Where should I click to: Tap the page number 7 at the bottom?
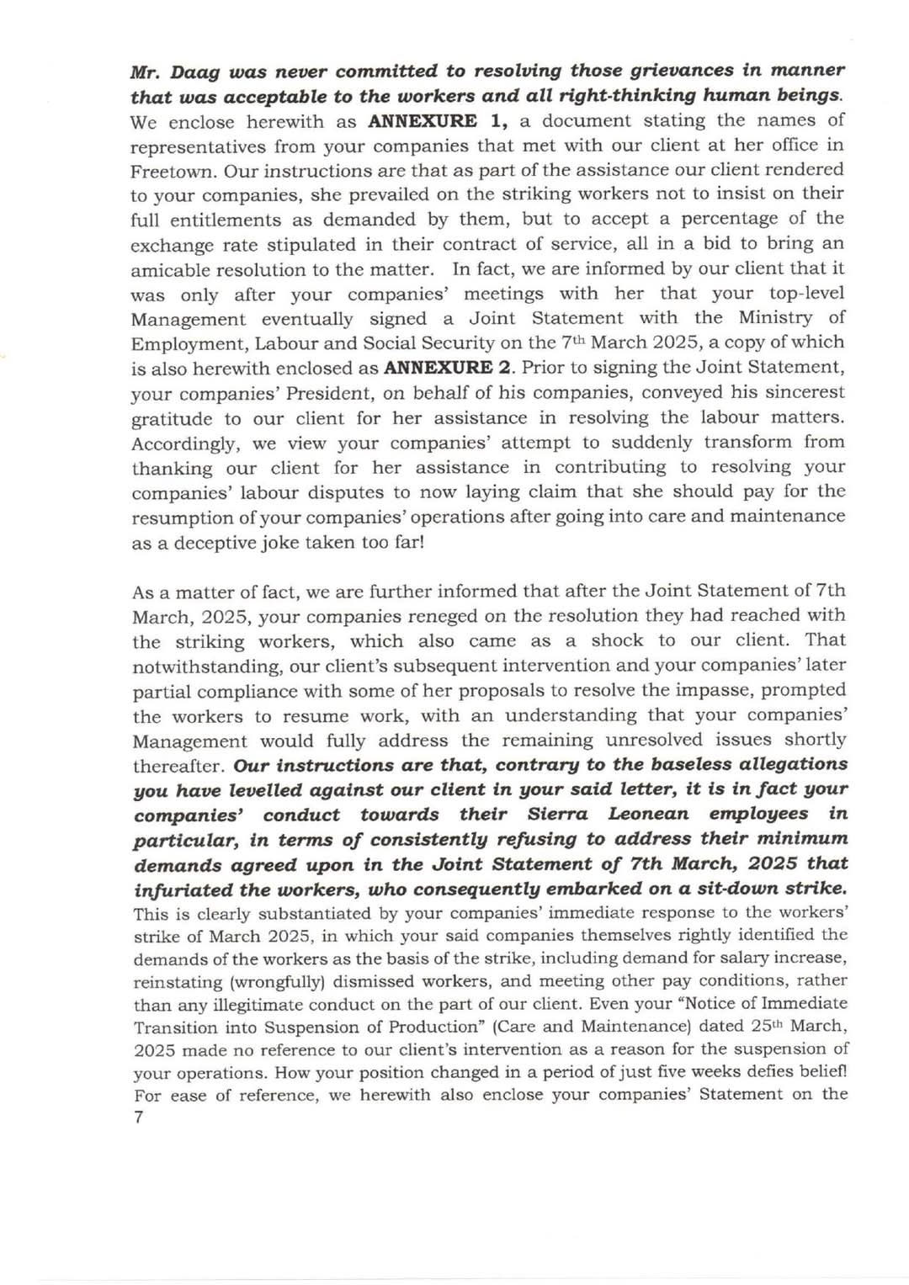tap(138, 1118)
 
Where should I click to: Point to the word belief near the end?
tap(820, 1072)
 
